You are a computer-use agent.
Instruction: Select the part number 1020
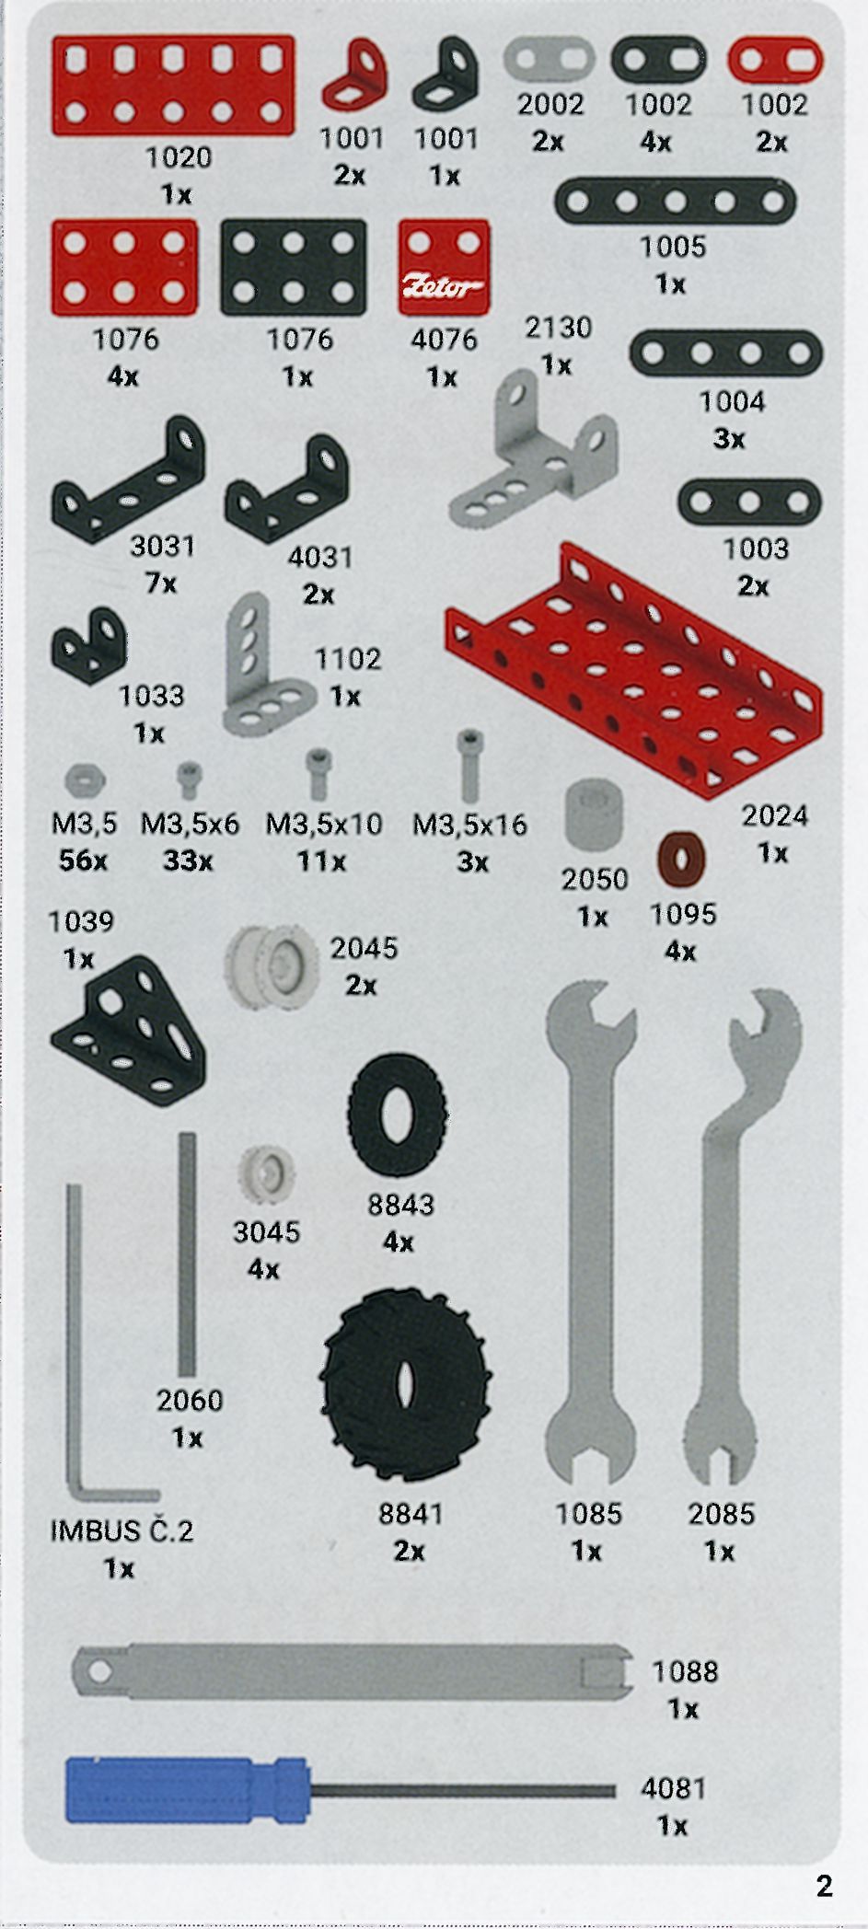click(179, 157)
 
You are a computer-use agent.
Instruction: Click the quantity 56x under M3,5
click(83, 861)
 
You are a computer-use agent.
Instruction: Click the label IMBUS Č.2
click(122, 1530)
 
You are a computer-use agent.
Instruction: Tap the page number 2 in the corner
click(824, 1886)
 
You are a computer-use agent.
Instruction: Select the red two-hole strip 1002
click(775, 62)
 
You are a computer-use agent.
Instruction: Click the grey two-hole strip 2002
click(550, 61)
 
